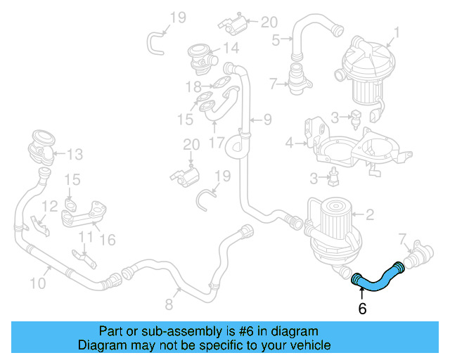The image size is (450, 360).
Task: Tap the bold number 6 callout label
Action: pyautogui.click(x=362, y=309)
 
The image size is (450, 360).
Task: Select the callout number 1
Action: pyautogui.click(x=396, y=32)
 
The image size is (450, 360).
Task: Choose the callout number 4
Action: pyautogui.click(x=289, y=143)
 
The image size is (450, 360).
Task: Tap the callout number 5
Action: pyautogui.click(x=276, y=39)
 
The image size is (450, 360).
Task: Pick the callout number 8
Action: pyautogui.click(x=169, y=304)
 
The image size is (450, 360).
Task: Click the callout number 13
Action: pyautogui.click(x=75, y=153)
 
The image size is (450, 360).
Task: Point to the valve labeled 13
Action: pyautogui.click(x=39, y=148)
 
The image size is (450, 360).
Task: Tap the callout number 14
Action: pyautogui.click(x=231, y=49)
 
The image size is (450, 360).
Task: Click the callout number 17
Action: pyautogui.click(x=216, y=142)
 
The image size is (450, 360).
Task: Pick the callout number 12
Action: pyautogui.click(x=49, y=206)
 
